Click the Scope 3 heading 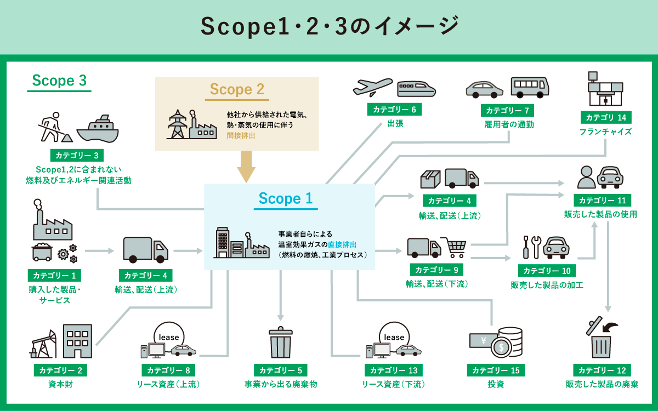59,81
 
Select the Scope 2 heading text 237,89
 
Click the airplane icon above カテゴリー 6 373,87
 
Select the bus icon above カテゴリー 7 530,86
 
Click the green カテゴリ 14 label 606,117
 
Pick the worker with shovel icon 52,127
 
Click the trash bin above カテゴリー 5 280,343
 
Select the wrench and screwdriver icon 532,247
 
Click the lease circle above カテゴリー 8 169,335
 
